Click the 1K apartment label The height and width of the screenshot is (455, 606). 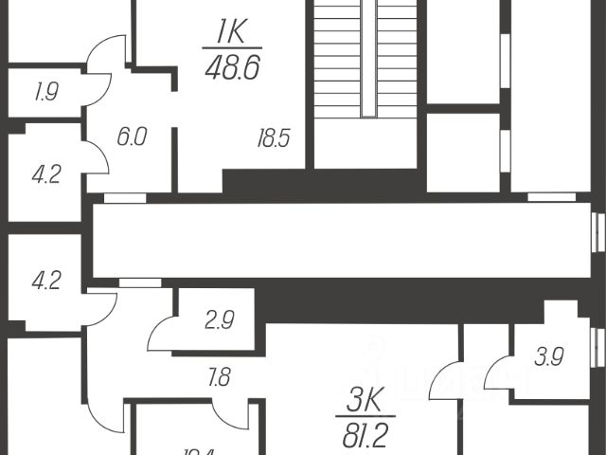tap(224, 34)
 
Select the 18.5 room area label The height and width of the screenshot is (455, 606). tap(272, 138)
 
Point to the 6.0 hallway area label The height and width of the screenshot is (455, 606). tap(132, 137)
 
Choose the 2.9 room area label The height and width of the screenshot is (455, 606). tap(219, 320)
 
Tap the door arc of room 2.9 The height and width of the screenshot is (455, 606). tap(161, 331)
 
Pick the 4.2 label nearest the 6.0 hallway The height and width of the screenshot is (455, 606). tap(45, 175)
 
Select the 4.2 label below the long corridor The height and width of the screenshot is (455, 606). tap(45, 281)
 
